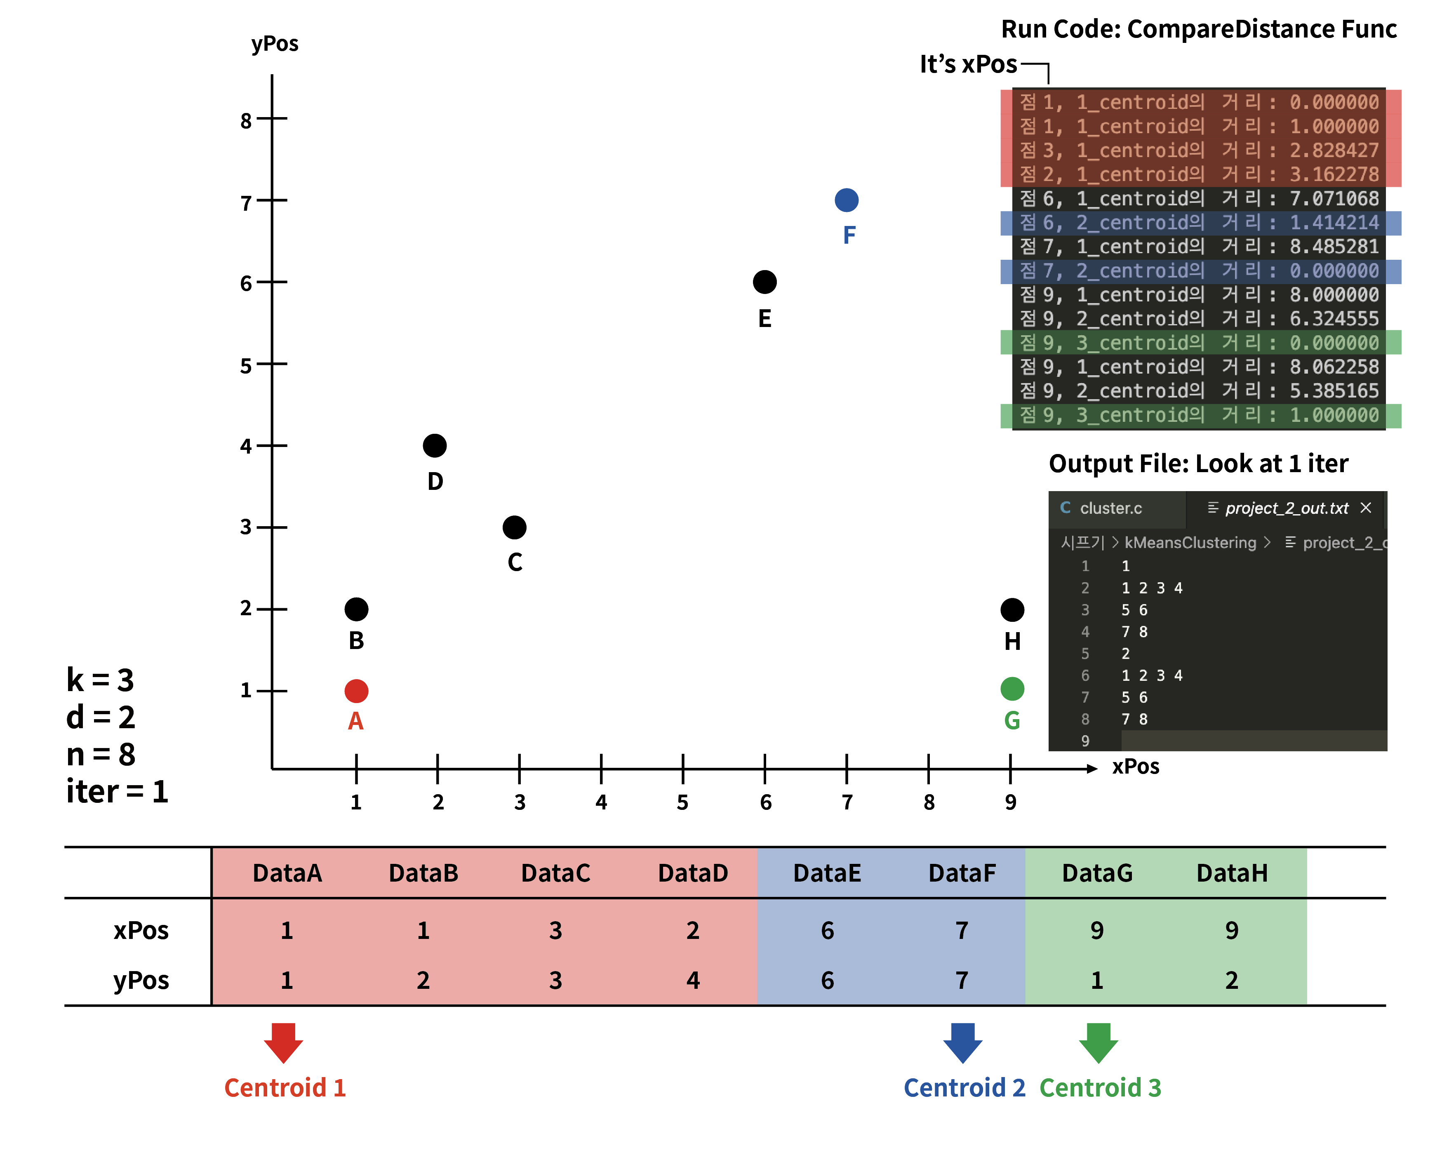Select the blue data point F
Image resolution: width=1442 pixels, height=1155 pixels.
click(x=847, y=200)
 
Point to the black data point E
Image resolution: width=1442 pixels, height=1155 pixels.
click(x=765, y=282)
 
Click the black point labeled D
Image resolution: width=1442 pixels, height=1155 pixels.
click(x=435, y=445)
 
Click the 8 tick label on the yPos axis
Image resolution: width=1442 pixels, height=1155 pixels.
click(x=246, y=121)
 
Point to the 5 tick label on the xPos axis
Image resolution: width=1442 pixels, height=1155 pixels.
click(x=682, y=802)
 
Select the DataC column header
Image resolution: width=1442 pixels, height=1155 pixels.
click(x=556, y=873)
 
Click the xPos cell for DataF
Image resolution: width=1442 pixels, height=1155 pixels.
click(x=962, y=930)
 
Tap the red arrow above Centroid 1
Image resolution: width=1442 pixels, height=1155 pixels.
click(x=284, y=1043)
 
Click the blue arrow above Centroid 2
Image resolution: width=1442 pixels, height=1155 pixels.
click(x=963, y=1043)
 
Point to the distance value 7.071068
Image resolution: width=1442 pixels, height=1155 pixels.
click(x=1334, y=199)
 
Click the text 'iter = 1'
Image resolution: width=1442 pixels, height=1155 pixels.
click(x=117, y=791)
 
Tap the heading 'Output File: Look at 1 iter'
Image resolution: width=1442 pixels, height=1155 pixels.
click(x=1199, y=463)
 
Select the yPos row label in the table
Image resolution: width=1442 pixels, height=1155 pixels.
click(x=141, y=981)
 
